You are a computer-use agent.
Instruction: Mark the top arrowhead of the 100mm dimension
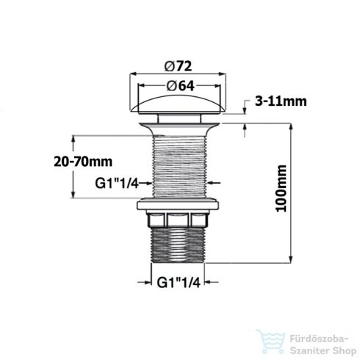(293, 123)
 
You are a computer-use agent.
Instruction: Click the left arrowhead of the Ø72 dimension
(133, 74)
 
